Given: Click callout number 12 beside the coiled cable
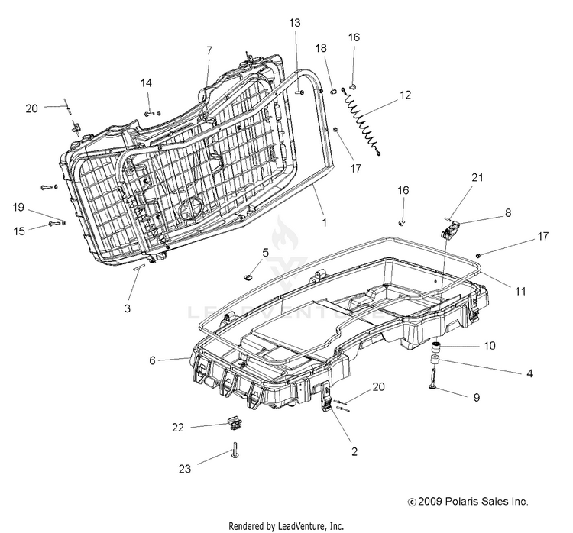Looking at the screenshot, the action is point(406,95).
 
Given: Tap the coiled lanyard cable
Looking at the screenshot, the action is point(362,120).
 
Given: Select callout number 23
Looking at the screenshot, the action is point(185,469).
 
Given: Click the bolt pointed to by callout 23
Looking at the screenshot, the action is point(235,450).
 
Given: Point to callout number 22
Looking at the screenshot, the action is point(178,428).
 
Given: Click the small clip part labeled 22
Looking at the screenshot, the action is point(235,423).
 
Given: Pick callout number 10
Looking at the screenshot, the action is point(490,346).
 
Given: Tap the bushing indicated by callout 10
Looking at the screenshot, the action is point(435,347).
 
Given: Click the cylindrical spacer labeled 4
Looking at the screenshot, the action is point(435,360).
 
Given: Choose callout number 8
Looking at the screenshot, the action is point(508,212).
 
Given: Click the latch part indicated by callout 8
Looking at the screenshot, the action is point(451,229).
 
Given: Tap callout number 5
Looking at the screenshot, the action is point(266,253).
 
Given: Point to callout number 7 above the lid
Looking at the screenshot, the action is point(209,50).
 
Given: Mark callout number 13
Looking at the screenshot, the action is point(295,23).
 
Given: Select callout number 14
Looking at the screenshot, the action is point(146,83).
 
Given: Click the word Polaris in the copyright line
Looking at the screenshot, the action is point(460,501).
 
